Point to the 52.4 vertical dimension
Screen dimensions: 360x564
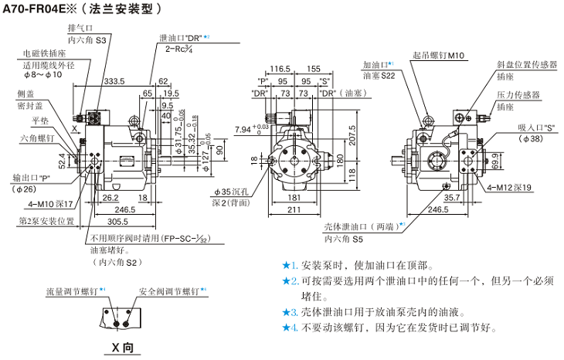(63, 161)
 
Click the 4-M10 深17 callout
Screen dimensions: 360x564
(52, 204)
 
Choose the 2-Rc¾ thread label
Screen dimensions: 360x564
(179, 49)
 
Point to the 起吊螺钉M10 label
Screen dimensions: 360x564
(438, 56)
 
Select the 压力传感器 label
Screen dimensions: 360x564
(518, 94)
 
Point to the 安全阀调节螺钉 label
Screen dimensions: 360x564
(169, 291)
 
